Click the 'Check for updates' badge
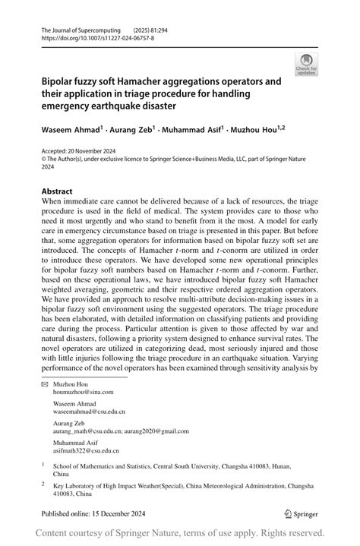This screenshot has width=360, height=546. (307, 64)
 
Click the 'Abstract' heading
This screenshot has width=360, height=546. (57, 191)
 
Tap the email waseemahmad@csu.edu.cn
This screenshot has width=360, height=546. (89, 412)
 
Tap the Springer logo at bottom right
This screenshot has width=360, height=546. (300, 513)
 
